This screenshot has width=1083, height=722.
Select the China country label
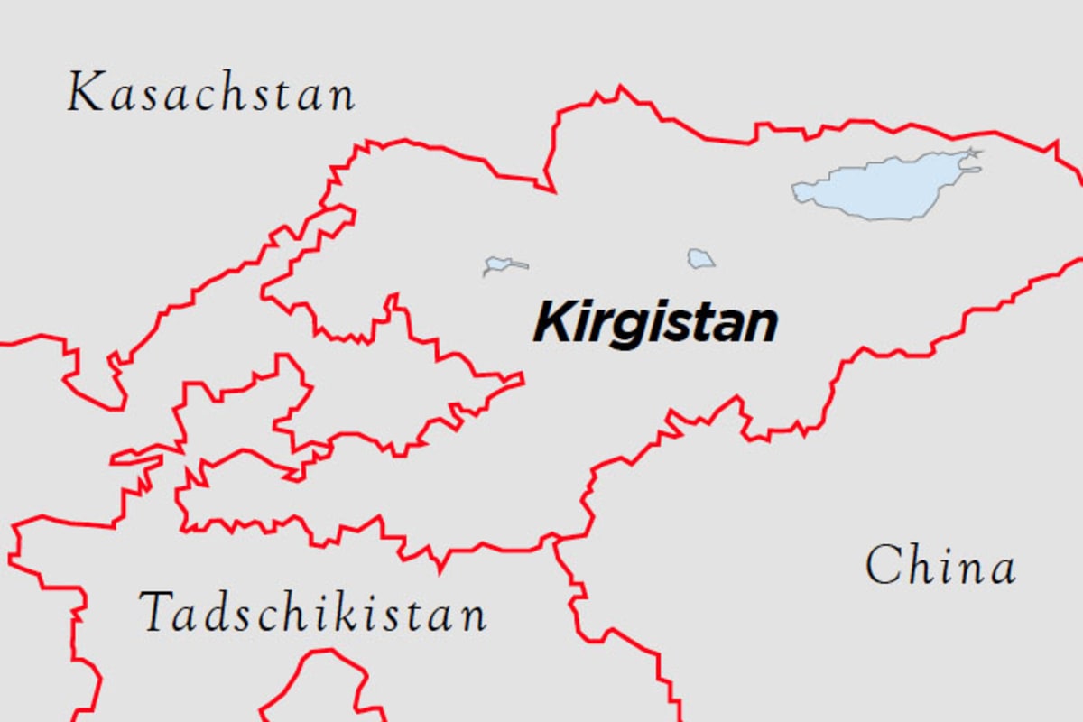tap(940, 567)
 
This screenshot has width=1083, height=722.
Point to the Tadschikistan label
tap(313, 613)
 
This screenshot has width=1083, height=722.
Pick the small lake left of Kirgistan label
tap(498, 264)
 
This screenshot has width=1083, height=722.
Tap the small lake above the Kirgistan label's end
tap(699, 259)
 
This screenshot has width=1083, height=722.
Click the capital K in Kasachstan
tap(85, 94)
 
